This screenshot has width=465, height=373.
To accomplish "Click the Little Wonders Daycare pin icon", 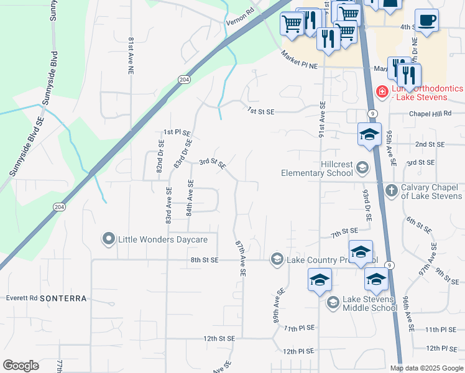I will [109, 239].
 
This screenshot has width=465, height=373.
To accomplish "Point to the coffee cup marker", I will [426, 20].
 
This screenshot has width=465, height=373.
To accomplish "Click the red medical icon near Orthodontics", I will [382, 93].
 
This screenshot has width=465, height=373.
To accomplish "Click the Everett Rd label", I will [22, 298].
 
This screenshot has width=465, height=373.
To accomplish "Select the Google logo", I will [21, 366].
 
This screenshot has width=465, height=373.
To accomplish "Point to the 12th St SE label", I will [219, 339].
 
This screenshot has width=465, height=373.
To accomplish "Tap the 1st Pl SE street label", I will [177, 132].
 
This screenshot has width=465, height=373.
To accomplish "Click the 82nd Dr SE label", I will [160, 159].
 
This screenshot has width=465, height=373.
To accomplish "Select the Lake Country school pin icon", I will [277, 259].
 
